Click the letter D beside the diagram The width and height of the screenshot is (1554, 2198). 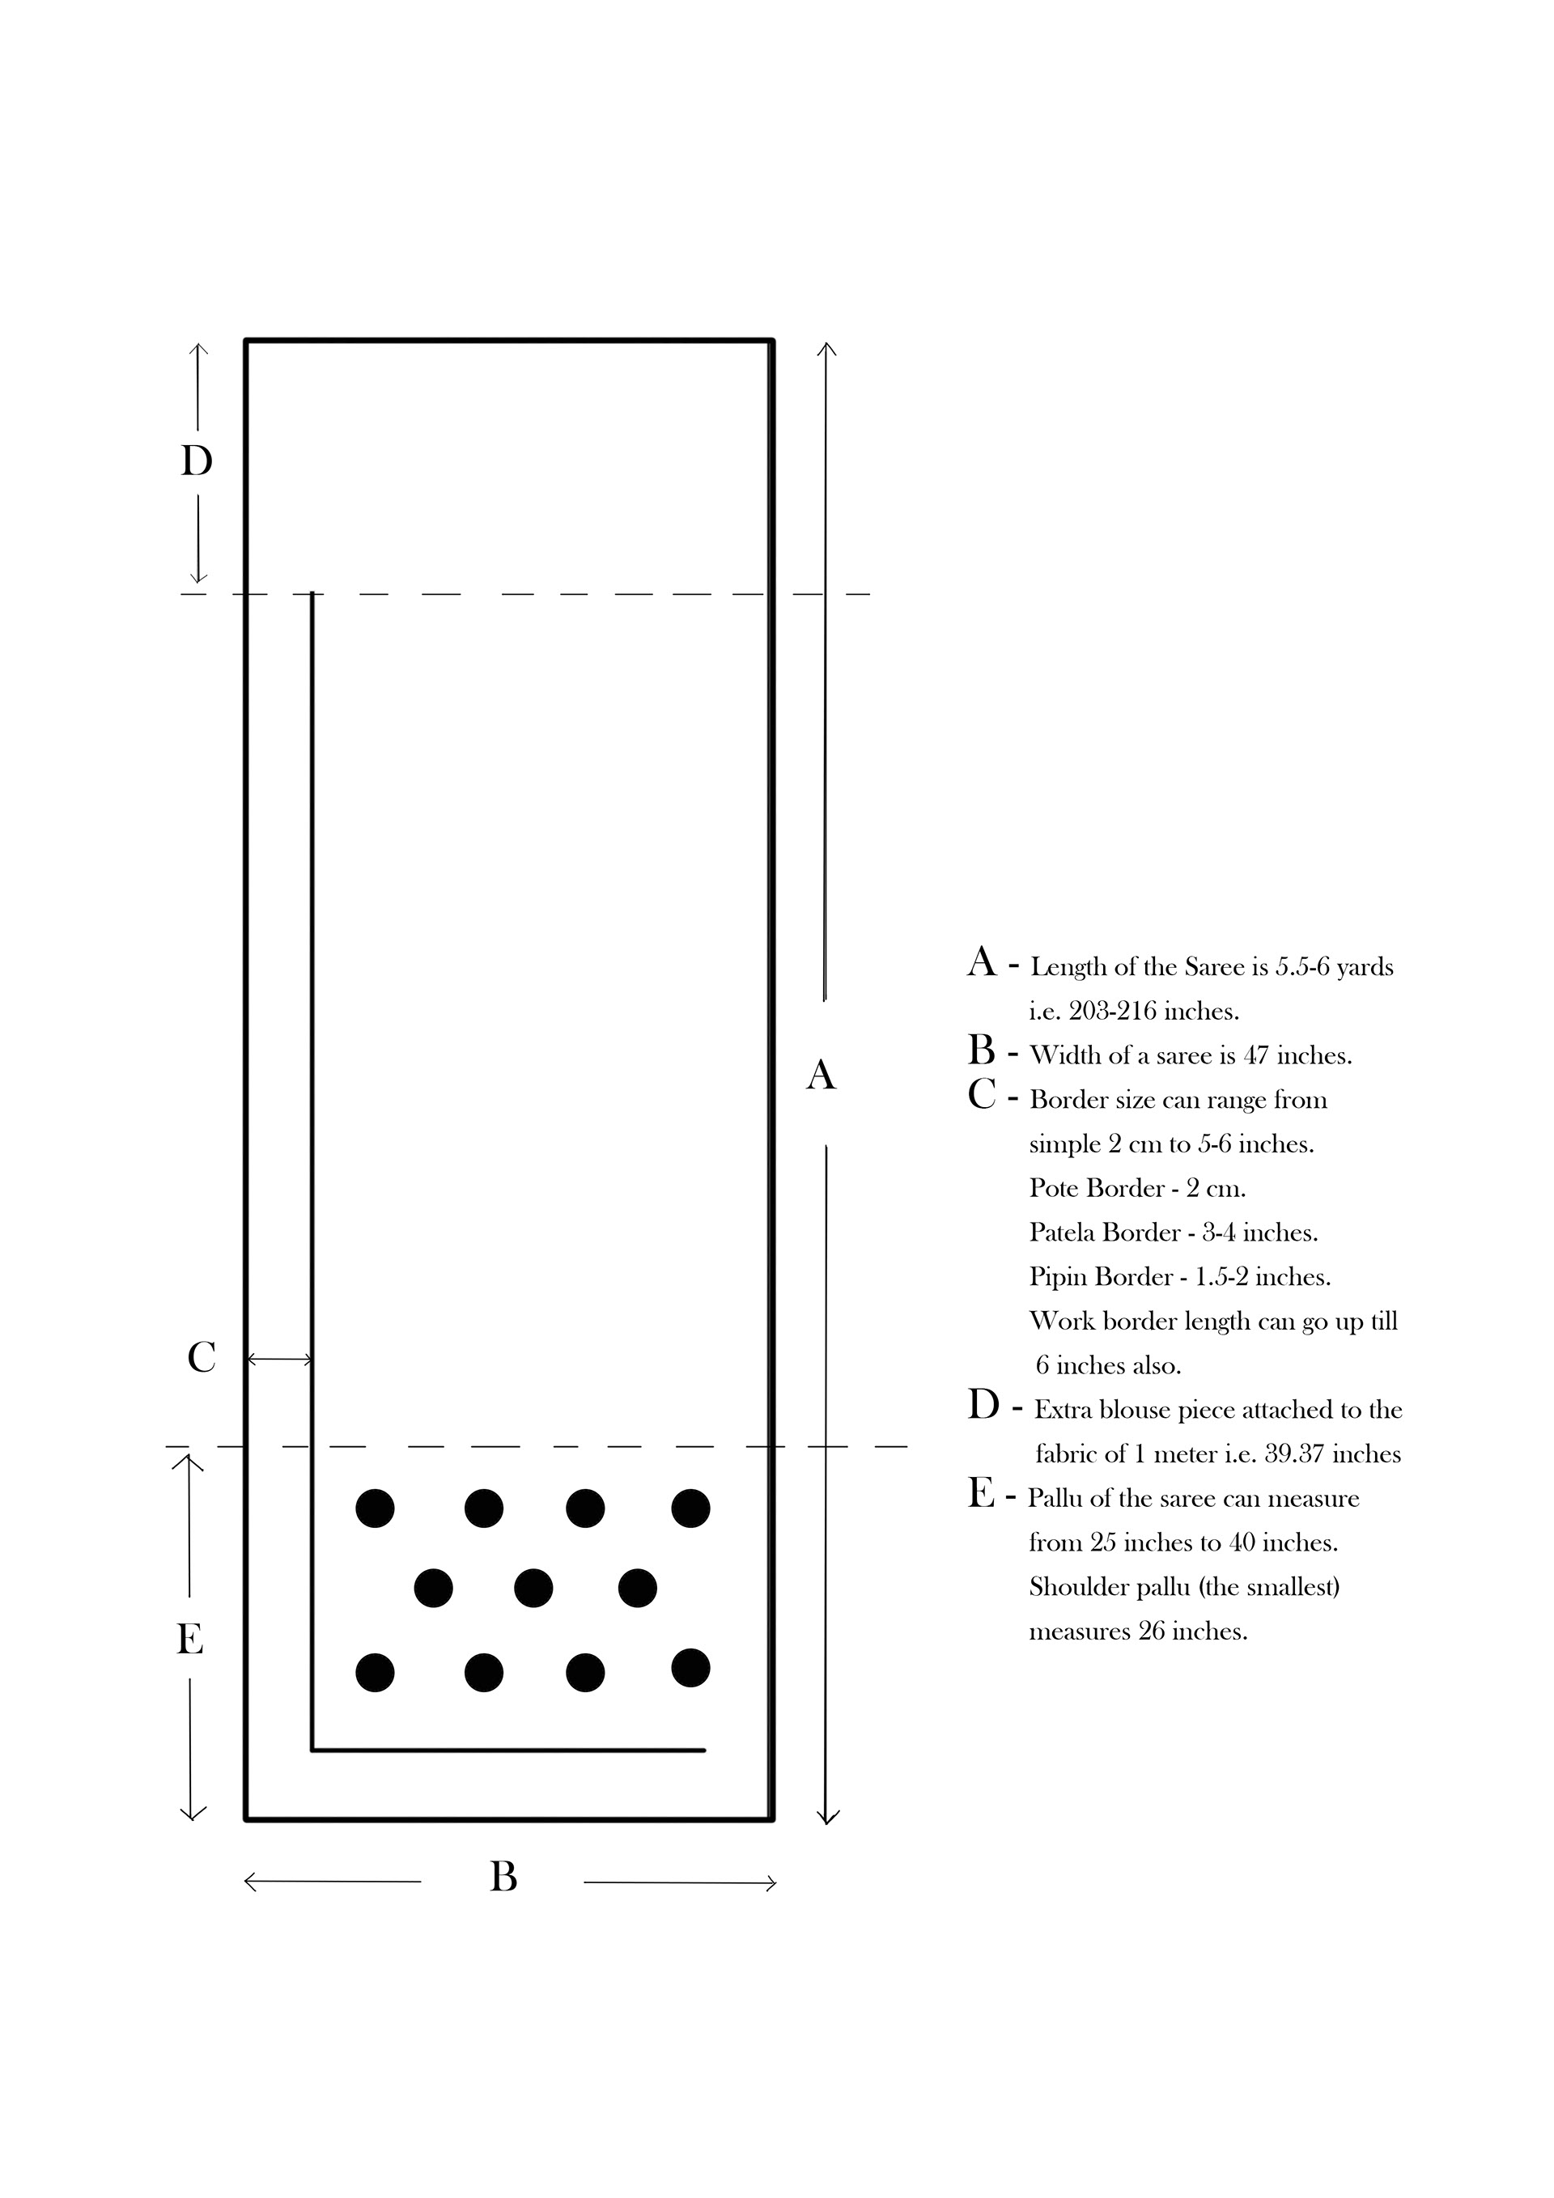click(197, 461)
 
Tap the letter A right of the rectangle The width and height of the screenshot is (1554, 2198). click(821, 1075)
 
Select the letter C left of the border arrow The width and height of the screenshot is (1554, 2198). click(201, 1357)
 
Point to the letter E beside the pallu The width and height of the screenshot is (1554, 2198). click(189, 1640)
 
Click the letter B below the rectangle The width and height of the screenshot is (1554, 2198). click(503, 1878)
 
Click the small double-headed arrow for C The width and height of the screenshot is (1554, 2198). click(278, 1360)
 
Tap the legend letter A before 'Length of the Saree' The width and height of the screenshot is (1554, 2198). click(982, 962)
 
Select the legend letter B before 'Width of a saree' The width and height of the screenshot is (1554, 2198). click(982, 1051)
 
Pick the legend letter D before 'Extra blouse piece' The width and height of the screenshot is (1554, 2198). click(983, 1407)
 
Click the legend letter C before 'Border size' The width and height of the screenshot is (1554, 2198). click(982, 1095)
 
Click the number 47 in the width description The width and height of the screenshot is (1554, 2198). click(1256, 1056)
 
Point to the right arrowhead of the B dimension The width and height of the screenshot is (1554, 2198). click(770, 1884)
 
